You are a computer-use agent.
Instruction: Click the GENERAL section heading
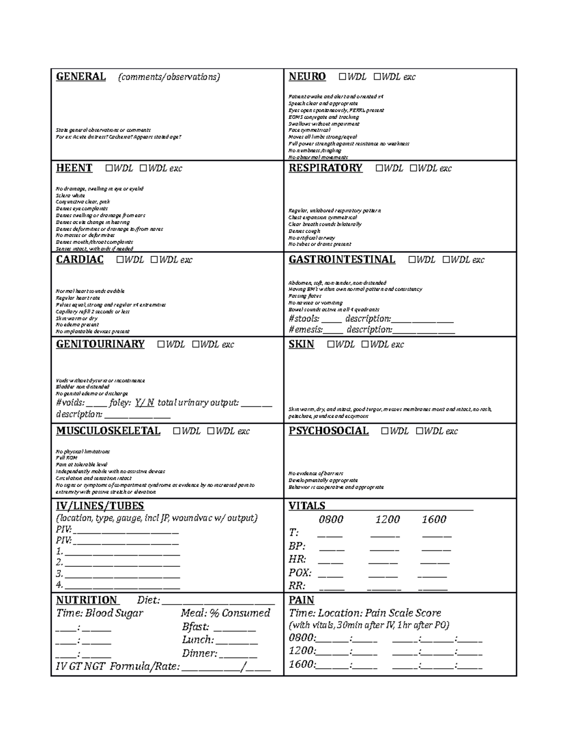click(81, 76)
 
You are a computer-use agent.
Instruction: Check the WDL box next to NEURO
click(343, 77)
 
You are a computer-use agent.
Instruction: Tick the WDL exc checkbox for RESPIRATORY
click(414, 168)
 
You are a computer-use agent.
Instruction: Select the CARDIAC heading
click(80, 260)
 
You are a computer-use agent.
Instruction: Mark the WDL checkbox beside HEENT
click(109, 168)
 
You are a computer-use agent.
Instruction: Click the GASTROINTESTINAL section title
click(342, 260)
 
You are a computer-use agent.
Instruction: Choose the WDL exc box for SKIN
click(365, 344)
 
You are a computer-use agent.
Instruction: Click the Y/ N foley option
click(145, 403)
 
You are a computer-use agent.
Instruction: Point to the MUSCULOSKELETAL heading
click(108, 431)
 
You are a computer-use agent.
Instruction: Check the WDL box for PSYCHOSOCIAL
click(385, 431)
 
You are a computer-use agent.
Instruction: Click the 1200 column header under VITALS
click(388, 519)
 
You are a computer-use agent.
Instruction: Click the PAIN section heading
click(301, 600)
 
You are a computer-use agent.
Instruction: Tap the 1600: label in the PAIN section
click(302, 664)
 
